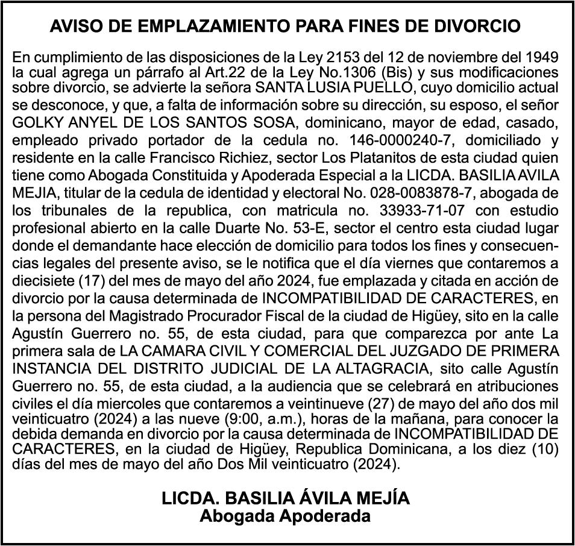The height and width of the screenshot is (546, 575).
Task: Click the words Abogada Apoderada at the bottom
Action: tap(285, 516)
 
